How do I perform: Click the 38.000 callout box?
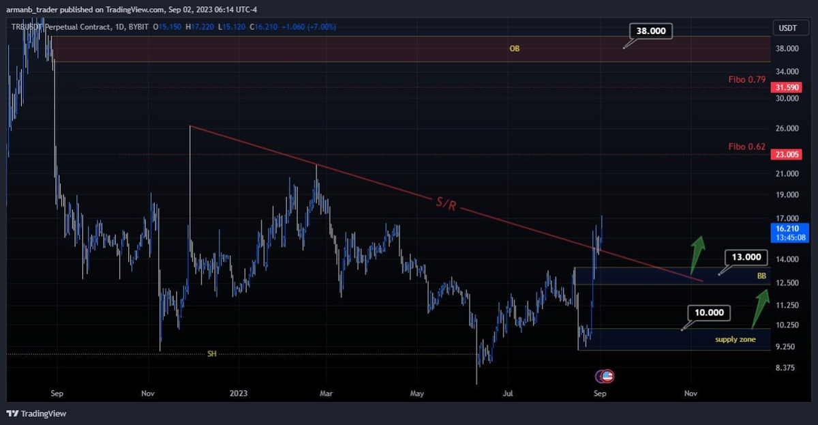coord(651,31)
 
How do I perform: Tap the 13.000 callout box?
coord(746,258)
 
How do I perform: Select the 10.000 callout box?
coord(708,313)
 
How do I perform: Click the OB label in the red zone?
coord(515,49)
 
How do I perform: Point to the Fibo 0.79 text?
coord(746,80)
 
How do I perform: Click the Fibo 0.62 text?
coord(746,147)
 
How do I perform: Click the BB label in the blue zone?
coord(761,276)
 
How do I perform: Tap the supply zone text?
coord(735,339)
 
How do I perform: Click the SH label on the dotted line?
coord(211,353)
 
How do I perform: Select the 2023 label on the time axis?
coord(239,394)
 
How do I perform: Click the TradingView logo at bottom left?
coord(37,413)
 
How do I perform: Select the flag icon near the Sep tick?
coord(605,376)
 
